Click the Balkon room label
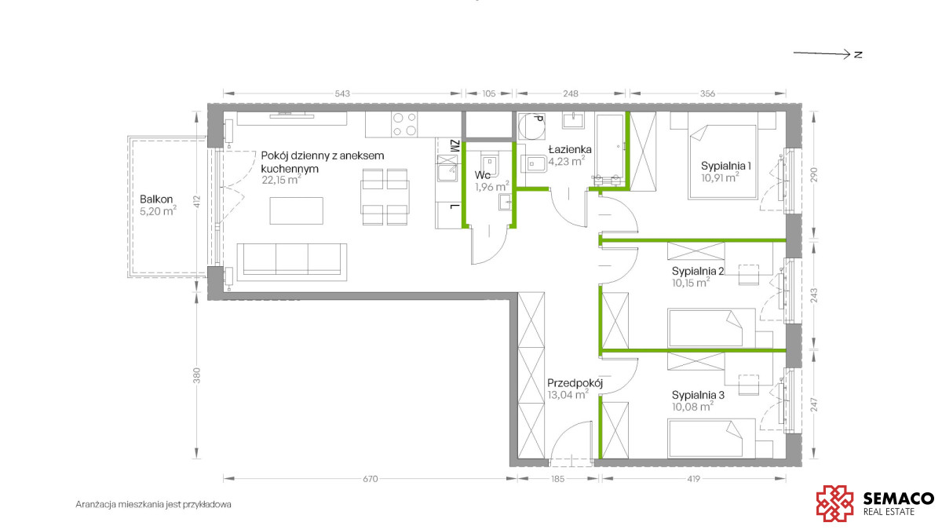coord(156,199)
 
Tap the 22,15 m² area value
coord(281,180)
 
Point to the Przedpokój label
coord(575,383)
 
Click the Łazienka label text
coord(570,149)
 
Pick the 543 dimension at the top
coord(342,93)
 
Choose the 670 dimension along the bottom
coord(370,479)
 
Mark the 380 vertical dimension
coord(196,375)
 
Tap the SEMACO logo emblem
coord(834,503)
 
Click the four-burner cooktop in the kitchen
coord(404,124)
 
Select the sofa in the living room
coord(292,261)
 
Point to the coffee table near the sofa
coord(297,210)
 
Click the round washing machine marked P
coord(531,126)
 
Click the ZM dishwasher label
coord(455,146)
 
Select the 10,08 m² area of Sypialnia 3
coord(692,407)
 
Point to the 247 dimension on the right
coord(814,404)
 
